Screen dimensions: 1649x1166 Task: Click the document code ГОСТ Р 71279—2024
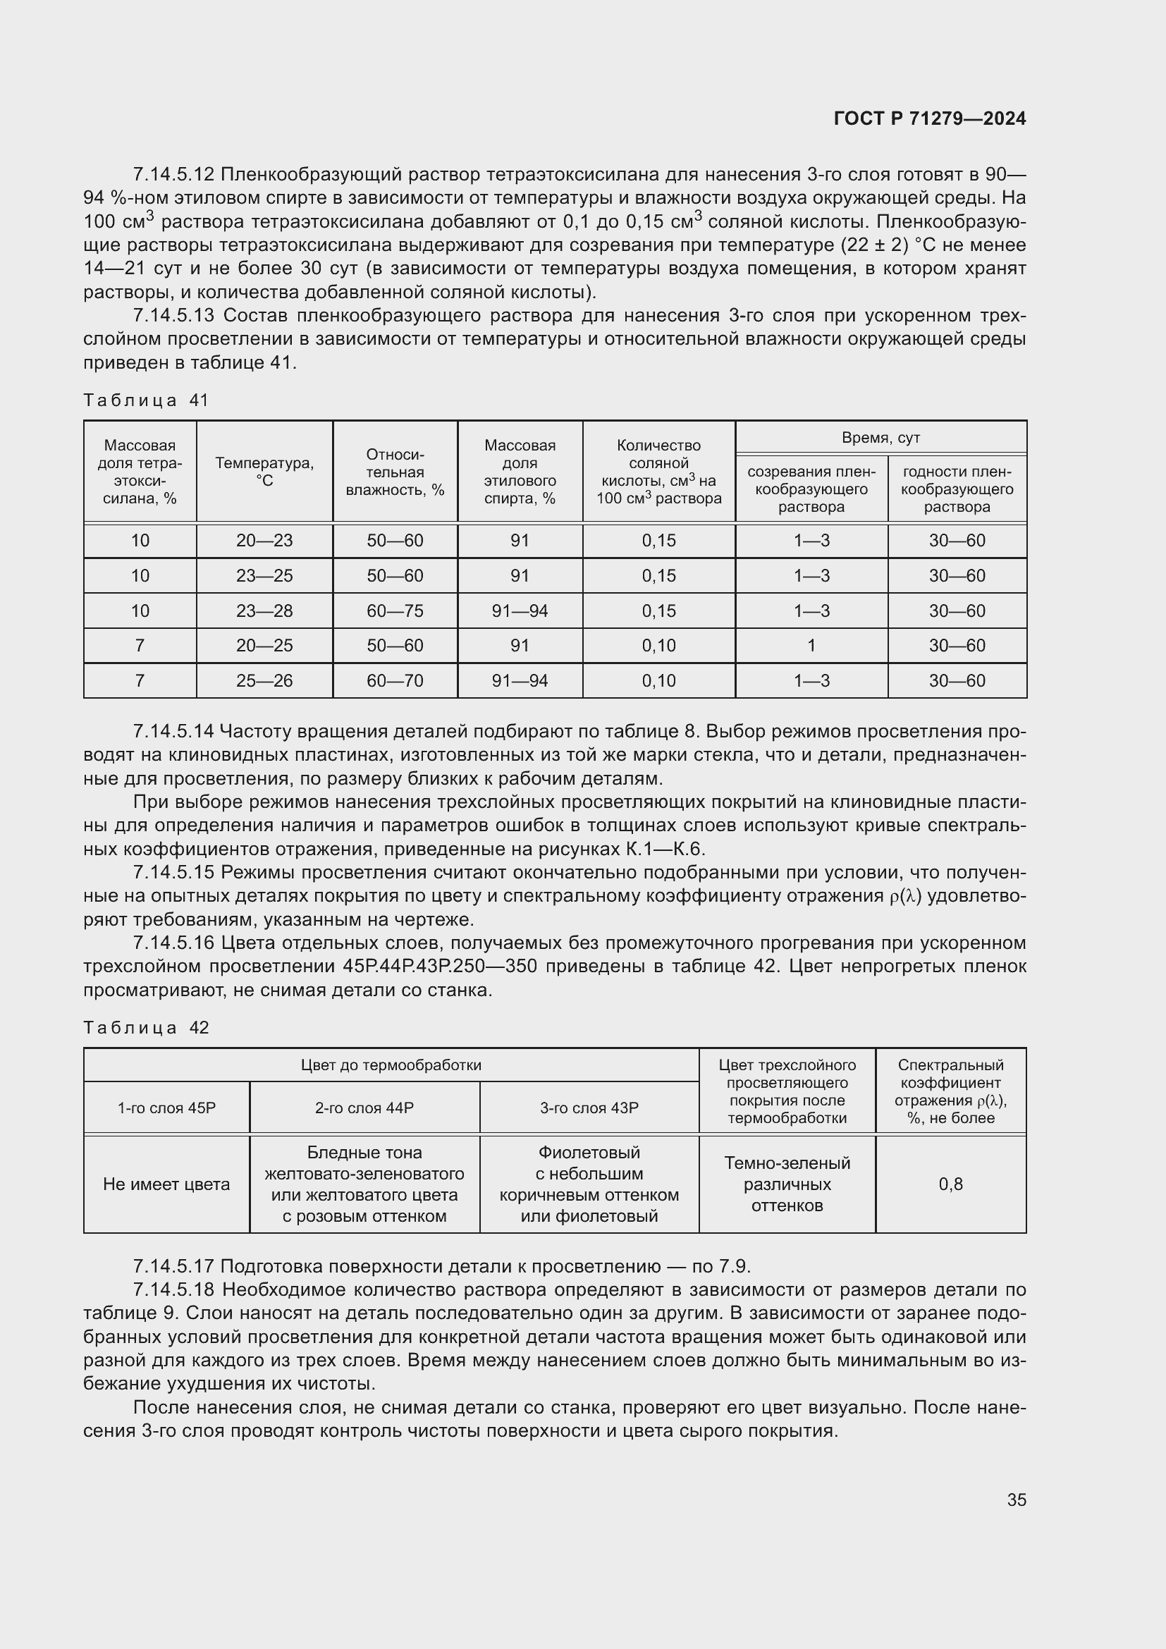(930, 119)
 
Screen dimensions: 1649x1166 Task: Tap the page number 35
(1016, 1500)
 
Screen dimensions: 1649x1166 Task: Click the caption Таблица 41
(146, 400)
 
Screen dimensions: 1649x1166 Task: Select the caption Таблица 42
(146, 1028)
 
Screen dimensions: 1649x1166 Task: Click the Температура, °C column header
(264, 471)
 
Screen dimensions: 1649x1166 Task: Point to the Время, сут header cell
(880, 437)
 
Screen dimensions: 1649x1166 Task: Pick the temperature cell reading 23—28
(264, 611)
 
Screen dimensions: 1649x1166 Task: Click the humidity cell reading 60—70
(395, 681)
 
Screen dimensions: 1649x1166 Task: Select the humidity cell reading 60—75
(395, 611)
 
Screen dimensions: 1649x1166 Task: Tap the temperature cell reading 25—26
(264, 681)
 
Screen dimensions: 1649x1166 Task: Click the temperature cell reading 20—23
(264, 541)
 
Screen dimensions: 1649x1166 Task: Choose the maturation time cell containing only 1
(811, 646)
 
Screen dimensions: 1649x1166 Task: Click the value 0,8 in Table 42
(950, 1184)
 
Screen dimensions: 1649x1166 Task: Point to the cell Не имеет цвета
(166, 1184)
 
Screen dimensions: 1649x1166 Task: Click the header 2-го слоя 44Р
(364, 1108)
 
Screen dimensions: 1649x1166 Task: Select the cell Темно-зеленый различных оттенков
(787, 1184)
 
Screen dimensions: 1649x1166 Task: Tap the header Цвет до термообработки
(391, 1065)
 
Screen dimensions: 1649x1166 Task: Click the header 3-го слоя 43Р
(589, 1108)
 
